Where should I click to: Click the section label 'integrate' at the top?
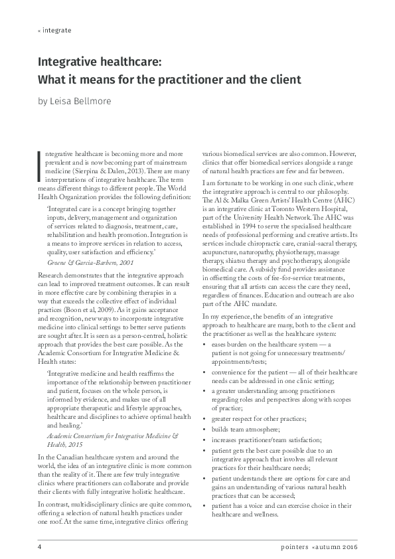[56, 31]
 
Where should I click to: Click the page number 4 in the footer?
[39, 547]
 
